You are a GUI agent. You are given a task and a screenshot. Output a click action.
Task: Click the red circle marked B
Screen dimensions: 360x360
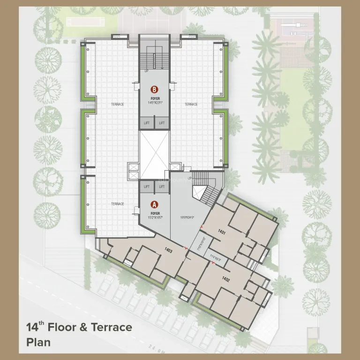click(x=153, y=89)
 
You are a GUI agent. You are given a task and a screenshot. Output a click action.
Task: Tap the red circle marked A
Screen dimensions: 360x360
click(x=153, y=204)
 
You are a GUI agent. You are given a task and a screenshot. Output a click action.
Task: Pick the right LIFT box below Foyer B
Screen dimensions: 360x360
click(x=162, y=123)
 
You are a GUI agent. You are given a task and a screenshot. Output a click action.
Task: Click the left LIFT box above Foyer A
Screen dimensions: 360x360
click(x=147, y=187)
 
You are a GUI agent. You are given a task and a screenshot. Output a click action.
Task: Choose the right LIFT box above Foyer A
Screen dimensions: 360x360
click(x=162, y=187)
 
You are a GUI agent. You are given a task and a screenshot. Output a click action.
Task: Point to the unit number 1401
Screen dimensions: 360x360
click(x=222, y=232)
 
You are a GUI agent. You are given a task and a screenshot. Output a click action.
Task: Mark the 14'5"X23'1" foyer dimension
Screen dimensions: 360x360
click(x=154, y=102)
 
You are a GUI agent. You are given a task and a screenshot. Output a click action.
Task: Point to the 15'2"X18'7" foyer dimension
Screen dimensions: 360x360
click(x=154, y=217)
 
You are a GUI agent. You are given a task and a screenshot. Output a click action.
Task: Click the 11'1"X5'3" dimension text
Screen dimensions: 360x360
click(x=215, y=257)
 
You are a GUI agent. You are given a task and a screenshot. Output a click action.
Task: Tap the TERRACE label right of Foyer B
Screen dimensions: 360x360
click(x=191, y=104)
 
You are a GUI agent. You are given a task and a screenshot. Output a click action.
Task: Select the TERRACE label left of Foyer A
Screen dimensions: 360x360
click(x=117, y=204)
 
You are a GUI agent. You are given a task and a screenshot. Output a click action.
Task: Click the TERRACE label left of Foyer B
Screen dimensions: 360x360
click(x=117, y=104)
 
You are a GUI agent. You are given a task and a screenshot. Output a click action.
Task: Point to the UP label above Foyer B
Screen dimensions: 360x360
click(x=146, y=71)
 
